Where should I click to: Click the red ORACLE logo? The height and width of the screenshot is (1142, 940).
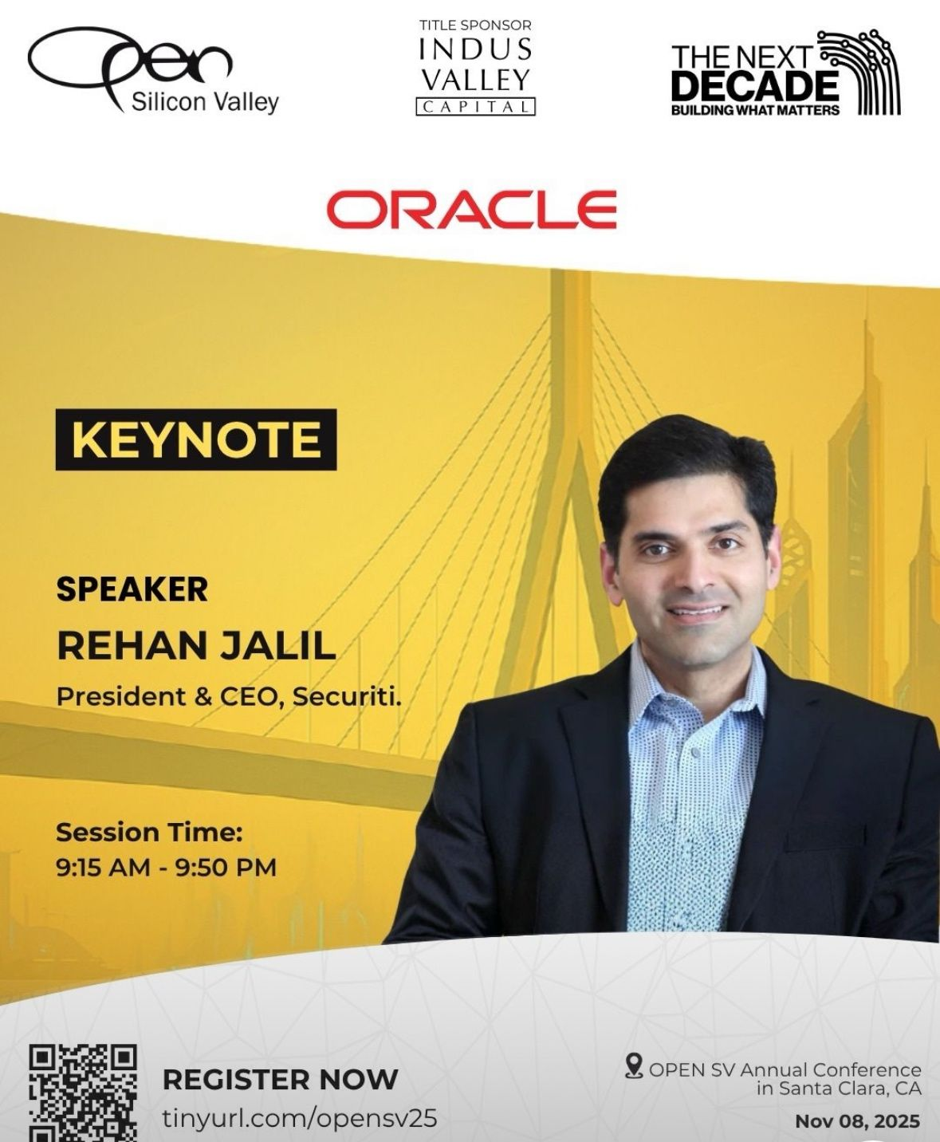click(x=471, y=210)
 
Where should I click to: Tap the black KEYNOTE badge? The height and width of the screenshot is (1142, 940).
click(x=196, y=439)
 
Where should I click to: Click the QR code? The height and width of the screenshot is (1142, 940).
click(x=82, y=1093)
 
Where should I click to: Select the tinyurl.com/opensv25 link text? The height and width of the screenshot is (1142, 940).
click(x=300, y=1116)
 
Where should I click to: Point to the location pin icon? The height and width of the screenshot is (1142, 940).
click(x=634, y=1065)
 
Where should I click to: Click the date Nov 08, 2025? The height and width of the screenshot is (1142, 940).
click(x=858, y=1121)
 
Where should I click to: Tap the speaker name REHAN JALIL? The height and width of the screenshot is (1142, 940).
click(x=196, y=646)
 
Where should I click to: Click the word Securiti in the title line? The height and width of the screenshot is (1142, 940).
click(x=347, y=697)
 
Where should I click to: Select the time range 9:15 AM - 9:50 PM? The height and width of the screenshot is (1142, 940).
click(x=166, y=868)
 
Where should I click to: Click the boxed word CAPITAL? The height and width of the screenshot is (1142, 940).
click(x=475, y=107)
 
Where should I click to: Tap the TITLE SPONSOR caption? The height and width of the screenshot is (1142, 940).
click(x=475, y=25)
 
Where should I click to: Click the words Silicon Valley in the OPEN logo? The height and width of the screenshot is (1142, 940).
click(x=205, y=102)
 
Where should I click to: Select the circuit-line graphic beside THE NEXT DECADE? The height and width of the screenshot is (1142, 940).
click(x=859, y=72)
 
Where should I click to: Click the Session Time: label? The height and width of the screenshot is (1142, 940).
click(x=149, y=833)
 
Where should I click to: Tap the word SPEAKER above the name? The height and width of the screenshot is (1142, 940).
click(x=132, y=589)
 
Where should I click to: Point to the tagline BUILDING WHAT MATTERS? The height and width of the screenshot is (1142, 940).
click(x=755, y=110)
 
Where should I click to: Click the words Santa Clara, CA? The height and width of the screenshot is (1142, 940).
click(x=840, y=1088)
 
